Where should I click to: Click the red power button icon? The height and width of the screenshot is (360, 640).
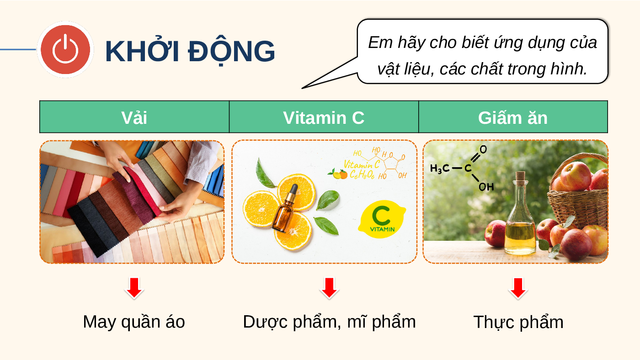point(65,49)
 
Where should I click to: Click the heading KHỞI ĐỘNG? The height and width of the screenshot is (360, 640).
point(190,51)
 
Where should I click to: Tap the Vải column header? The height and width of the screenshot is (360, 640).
point(134,117)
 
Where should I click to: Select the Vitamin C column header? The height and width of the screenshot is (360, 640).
point(324,117)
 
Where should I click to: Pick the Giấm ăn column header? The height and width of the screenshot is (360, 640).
point(513,117)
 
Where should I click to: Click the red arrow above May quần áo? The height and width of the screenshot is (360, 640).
point(134,288)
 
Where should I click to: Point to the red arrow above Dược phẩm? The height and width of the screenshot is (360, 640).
point(329,288)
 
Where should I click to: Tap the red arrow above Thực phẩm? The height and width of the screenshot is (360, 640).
point(518,288)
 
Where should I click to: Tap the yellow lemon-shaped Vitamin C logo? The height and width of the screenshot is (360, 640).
point(382,219)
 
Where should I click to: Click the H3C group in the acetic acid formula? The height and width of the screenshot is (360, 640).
point(440,169)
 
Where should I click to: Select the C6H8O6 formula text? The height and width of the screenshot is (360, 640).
point(362,174)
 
